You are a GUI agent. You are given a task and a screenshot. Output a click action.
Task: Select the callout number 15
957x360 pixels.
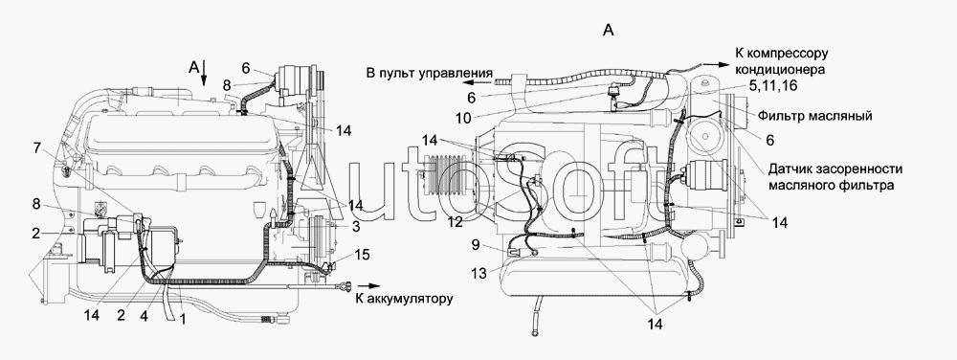[x=362, y=254]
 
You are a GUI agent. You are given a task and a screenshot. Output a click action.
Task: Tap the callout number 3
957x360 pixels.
[x=355, y=227]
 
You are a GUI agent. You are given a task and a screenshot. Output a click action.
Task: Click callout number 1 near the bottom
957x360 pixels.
[x=181, y=317]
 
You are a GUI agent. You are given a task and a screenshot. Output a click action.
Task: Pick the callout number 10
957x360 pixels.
[x=464, y=119]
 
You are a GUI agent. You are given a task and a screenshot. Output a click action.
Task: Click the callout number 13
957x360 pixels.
[x=479, y=274]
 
